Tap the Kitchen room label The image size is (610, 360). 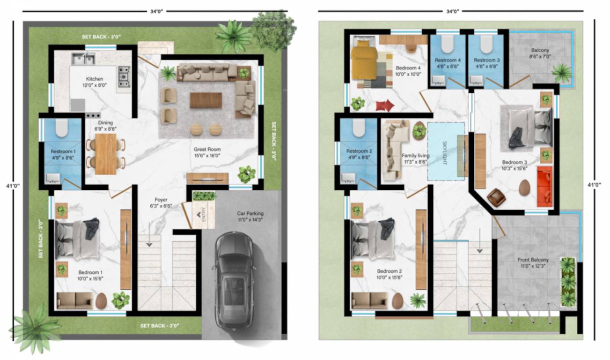94,79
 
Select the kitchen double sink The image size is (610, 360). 83,59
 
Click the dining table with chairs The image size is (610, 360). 105,154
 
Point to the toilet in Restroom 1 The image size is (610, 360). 62,127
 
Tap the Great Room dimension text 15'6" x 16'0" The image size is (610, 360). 207,156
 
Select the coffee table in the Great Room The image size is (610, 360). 206,100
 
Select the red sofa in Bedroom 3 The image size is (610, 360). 544,186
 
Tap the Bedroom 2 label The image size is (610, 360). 390,271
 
